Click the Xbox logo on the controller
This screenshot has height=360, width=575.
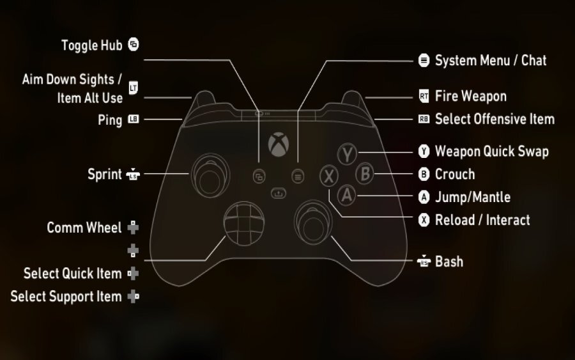(278, 145)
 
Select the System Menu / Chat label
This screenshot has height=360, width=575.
(490, 61)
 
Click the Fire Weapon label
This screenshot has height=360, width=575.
(470, 97)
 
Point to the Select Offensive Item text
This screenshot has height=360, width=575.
(494, 119)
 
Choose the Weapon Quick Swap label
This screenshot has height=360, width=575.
(491, 152)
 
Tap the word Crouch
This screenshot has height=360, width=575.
(454, 174)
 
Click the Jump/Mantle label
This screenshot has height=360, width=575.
(472, 197)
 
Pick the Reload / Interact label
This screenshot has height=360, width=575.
(482, 220)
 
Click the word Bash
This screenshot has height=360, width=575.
(448, 262)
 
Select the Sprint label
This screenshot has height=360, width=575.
(104, 174)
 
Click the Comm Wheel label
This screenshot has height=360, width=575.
(84, 228)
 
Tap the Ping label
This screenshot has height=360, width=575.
(110, 120)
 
